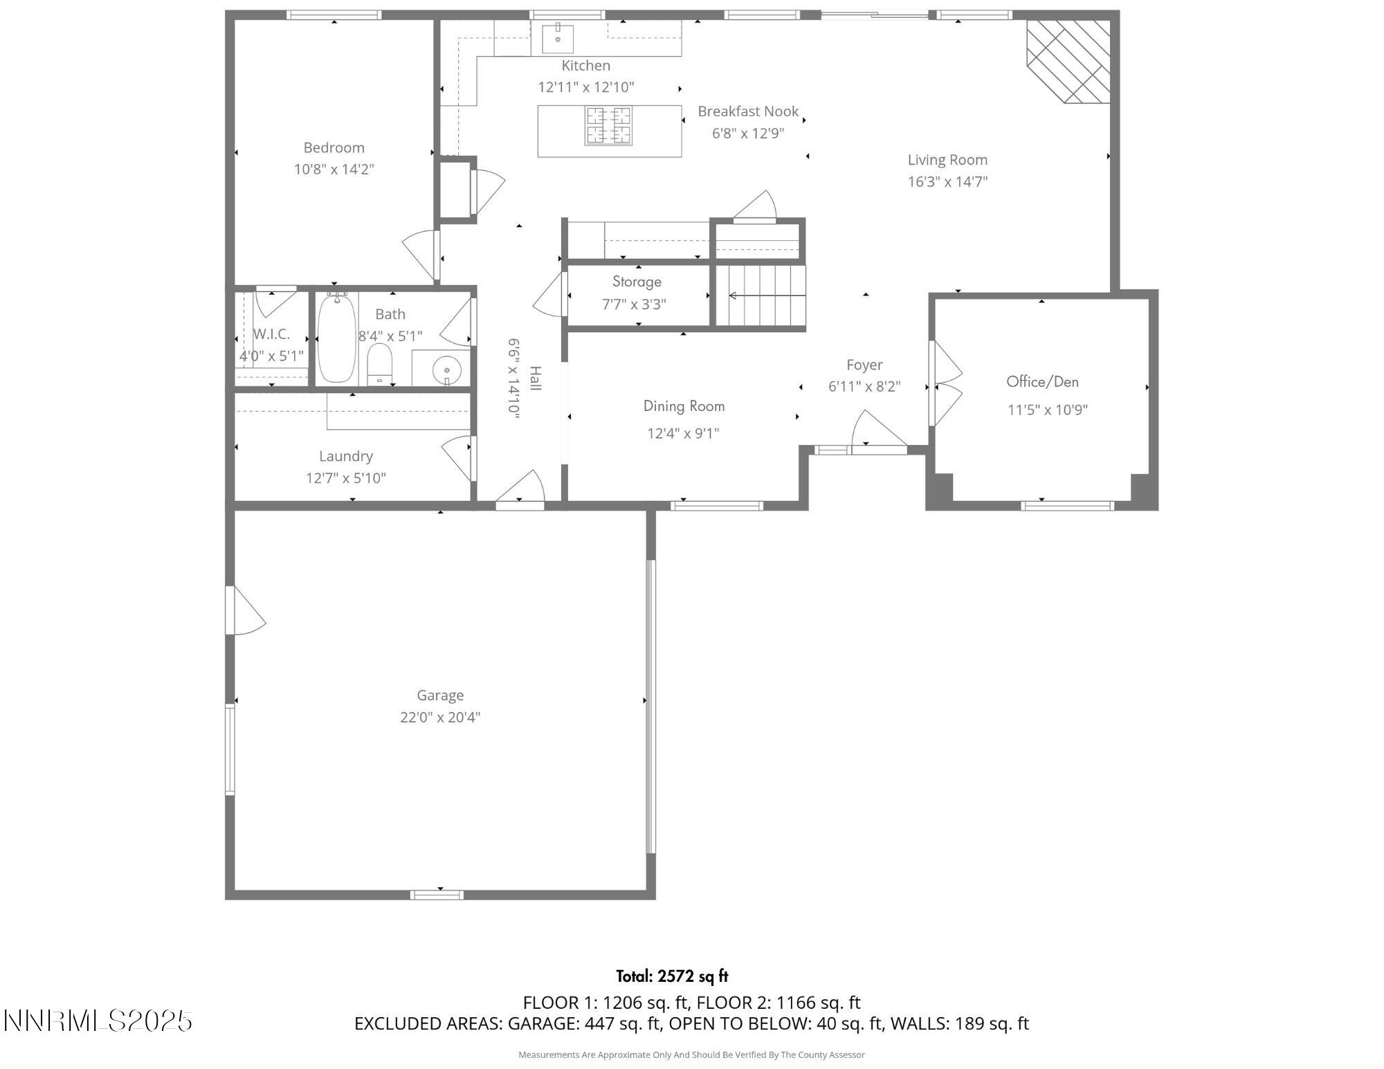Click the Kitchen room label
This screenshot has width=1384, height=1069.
pos(585,66)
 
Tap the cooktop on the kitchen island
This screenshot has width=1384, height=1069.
pos(608,125)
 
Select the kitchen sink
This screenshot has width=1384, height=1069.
pos(557,38)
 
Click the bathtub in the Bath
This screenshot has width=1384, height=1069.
pos(336,338)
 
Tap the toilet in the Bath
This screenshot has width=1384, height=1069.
pos(379,364)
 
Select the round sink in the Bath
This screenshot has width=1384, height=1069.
pos(446,370)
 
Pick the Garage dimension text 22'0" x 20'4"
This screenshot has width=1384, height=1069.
pos(440,718)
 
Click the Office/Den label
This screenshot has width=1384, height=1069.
pos(1042,382)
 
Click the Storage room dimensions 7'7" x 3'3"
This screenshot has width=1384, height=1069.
pos(634,304)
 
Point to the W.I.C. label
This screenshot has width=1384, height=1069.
pos(271,334)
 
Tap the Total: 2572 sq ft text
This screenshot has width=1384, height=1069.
pos(672,976)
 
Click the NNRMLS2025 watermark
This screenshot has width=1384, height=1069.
pos(98,1021)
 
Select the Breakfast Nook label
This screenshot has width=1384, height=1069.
pos(748,111)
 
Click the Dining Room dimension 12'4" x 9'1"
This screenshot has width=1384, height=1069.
pos(683,434)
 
